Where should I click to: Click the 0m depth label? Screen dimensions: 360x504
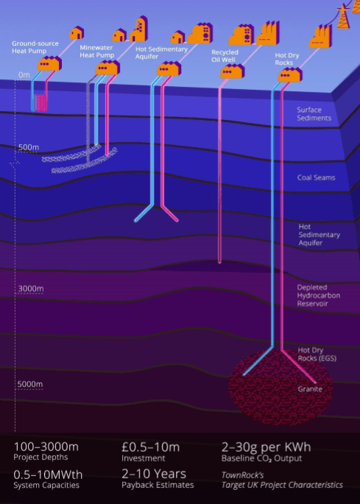click(x=24, y=75)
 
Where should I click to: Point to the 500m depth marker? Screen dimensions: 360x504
click(x=28, y=148)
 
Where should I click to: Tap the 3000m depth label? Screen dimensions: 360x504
click(x=31, y=288)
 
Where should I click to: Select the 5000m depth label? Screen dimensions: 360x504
click(x=30, y=384)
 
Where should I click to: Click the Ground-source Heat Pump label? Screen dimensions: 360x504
click(x=35, y=47)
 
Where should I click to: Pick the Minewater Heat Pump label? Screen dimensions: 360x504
click(x=97, y=52)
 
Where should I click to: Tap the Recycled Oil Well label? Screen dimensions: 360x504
click(x=225, y=56)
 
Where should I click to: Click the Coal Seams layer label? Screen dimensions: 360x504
click(x=316, y=177)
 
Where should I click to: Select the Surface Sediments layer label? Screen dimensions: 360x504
click(x=314, y=114)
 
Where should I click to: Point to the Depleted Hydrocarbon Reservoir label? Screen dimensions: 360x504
click(x=318, y=295)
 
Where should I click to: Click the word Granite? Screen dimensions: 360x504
click(x=310, y=389)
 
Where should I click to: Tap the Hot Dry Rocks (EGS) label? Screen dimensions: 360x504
click(x=317, y=354)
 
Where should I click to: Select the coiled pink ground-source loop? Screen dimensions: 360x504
click(x=42, y=103)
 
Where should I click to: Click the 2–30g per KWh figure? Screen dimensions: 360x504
click(x=266, y=447)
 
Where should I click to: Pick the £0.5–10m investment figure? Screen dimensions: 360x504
click(x=151, y=447)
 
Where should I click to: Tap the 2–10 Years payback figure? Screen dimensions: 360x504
click(x=154, y=474)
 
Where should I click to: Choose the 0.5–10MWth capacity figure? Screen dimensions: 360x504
click(x=48, y=475)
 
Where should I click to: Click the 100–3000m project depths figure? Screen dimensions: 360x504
click(x=46, y=447)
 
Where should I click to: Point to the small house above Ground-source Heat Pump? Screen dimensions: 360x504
click(x=77, y=33)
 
